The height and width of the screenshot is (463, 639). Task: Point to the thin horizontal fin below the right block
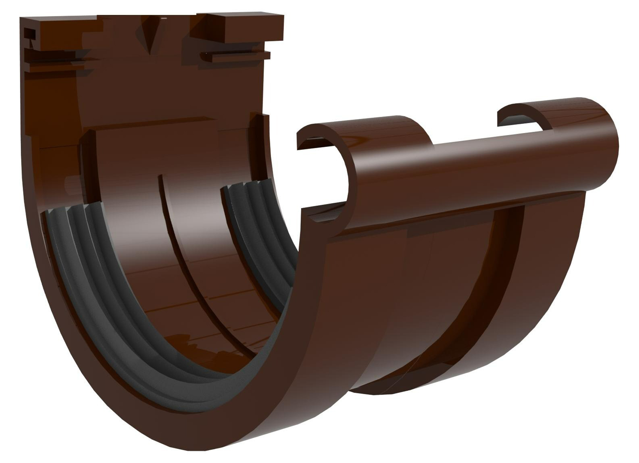click(235, 55)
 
